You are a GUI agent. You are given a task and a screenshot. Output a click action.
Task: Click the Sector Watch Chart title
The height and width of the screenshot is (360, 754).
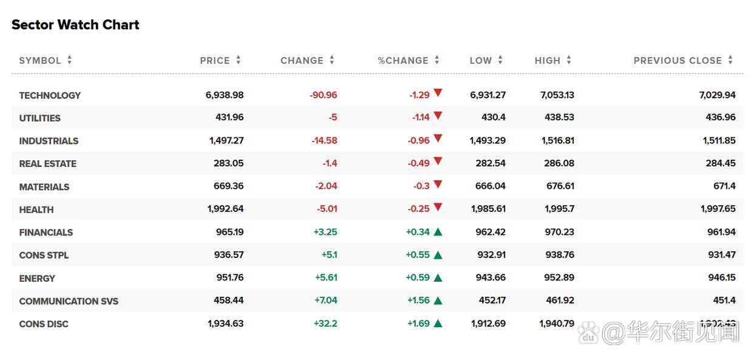click(x=75, y=24)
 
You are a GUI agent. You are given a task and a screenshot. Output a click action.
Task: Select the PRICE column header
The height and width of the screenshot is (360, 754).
click(x=215, y=61)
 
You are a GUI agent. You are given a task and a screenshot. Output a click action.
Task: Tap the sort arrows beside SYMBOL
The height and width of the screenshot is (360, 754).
click(x=69, y=60)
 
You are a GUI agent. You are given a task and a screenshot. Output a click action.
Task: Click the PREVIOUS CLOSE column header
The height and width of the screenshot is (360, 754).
click(x=678, y=61)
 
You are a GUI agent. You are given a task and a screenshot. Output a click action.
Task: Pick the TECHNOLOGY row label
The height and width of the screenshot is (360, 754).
click(x=50, y=95)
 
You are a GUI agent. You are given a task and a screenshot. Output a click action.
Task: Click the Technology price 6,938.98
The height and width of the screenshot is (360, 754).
click(x=225, y=95)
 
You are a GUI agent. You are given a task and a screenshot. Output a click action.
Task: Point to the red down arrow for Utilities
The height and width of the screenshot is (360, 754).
click(x=438, y=116)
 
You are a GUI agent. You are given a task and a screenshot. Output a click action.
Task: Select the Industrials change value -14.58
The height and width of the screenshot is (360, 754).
click(x=324, y=140)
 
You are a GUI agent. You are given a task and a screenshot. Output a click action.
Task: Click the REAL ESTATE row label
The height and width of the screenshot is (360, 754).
click(x=48, y=164)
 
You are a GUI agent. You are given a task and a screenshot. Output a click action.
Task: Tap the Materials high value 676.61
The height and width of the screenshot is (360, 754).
click(x=560, y=186)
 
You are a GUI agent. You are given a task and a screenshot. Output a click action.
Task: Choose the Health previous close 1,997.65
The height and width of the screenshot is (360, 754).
click(x=718, y=209)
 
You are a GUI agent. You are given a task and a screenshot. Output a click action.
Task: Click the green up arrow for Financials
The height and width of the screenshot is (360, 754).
click(x=438, y=232)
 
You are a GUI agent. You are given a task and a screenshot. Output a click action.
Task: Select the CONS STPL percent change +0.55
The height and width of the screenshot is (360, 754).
click(x=418, y=255)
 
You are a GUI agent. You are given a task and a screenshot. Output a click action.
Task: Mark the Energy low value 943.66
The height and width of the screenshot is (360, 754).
click(x=491, y=277)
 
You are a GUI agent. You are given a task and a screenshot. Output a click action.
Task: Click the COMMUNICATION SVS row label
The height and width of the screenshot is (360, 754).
click(x=69, y=301)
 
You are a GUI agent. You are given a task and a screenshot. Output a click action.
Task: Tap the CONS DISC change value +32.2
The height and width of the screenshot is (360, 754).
click(x=325, y=324)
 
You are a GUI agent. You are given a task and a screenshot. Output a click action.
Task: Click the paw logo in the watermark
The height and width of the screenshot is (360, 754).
click(x=588, y=333)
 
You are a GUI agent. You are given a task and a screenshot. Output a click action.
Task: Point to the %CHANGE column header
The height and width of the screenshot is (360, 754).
click(x=403, y=61)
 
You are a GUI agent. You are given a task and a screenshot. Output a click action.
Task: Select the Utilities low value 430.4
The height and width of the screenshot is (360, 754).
click(x=494, y=117)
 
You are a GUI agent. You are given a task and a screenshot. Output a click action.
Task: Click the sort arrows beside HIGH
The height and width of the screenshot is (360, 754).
click(x=568, y=60)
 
